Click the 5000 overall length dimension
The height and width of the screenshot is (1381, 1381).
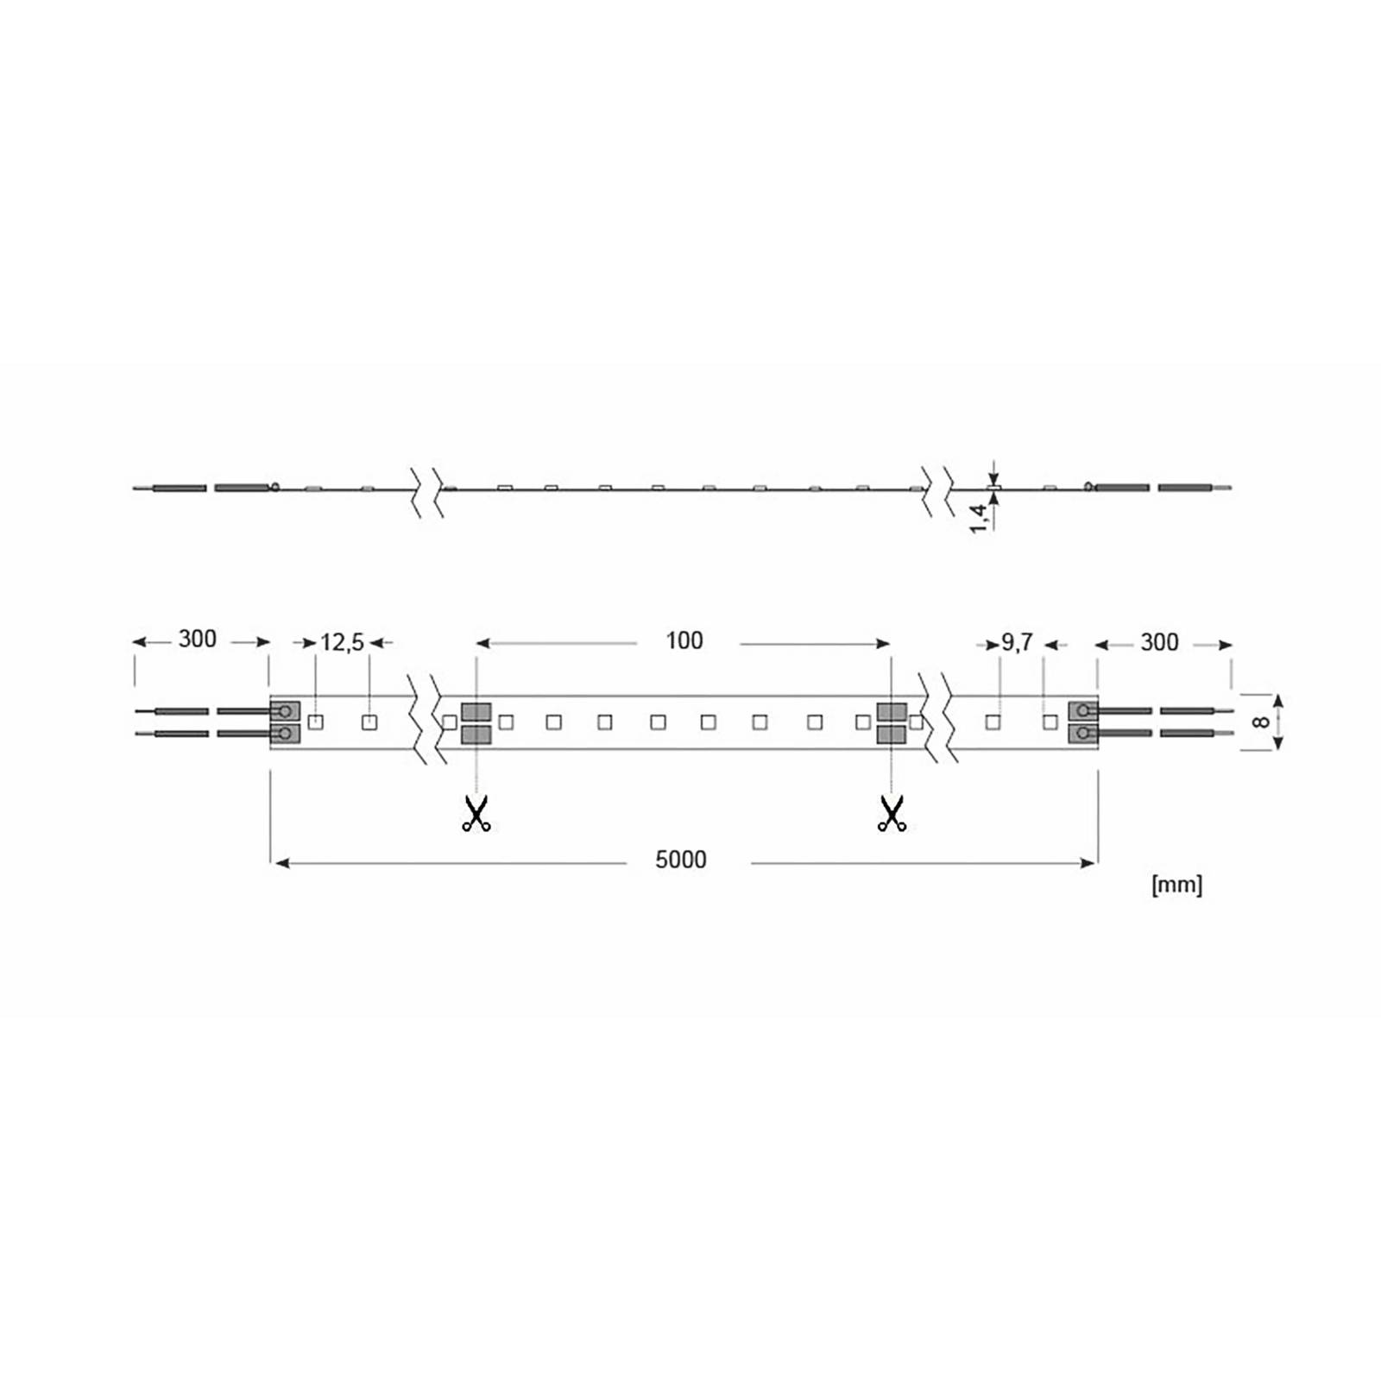[x=681, y=860]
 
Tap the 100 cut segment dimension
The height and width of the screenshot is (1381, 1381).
[x=684, y=640]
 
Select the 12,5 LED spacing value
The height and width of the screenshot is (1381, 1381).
[x=343, y=643]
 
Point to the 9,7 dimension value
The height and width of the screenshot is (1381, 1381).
[x=1017, y=643]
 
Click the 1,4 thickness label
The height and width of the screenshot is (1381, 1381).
[x=978, y=518]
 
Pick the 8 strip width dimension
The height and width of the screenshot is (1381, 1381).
[x=1262, y=722]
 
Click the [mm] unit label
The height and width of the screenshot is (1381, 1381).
[x=1176, y=885]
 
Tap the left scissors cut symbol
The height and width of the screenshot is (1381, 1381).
[x=476, y=813]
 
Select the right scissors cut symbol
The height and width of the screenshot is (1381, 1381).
[x=892, y=813]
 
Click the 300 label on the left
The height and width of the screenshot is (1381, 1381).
[x=197, y=640]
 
